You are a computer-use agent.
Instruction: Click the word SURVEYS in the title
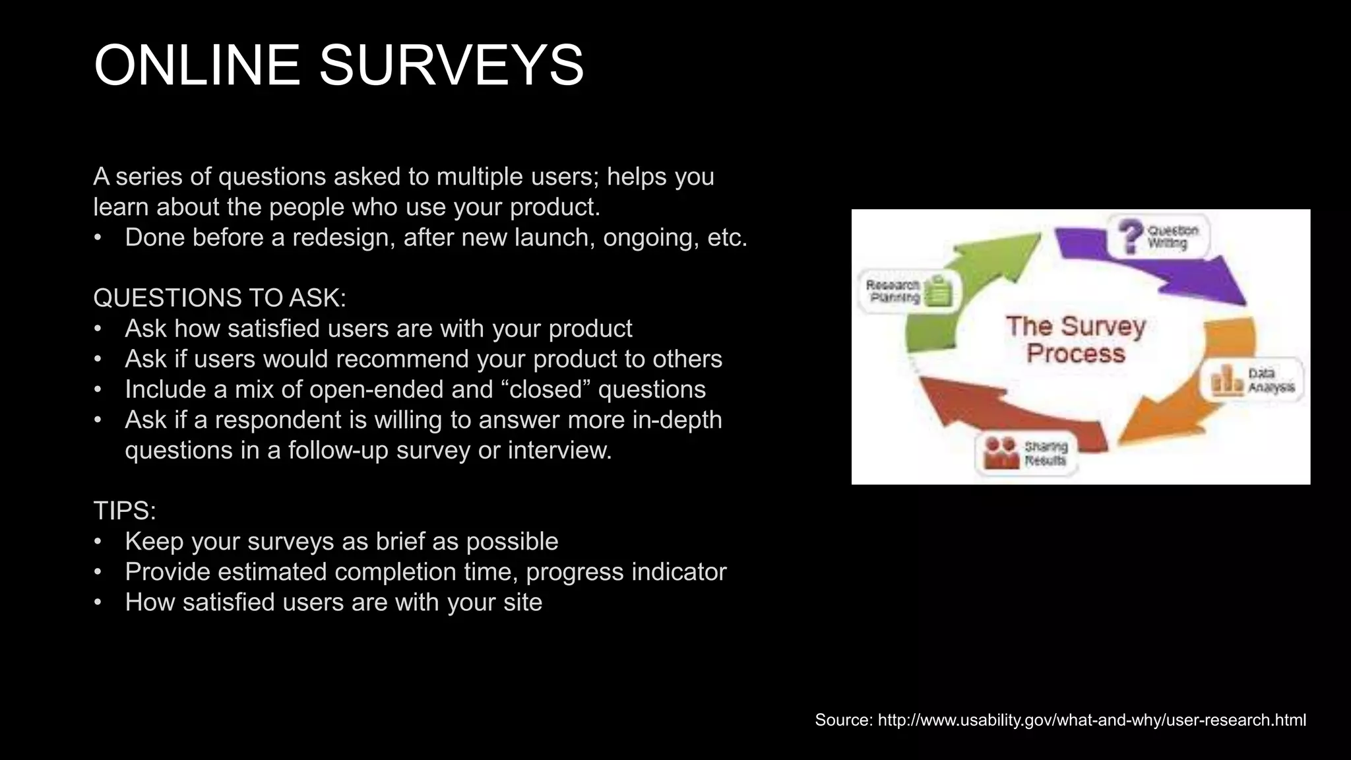(x=451, y=65)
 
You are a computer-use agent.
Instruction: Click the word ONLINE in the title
(x=197, y=65)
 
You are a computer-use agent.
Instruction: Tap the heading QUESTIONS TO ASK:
(x=220, y=298)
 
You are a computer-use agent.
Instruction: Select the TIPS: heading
(x=125, y=511)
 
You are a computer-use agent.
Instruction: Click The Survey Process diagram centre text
(x=1076, y=340)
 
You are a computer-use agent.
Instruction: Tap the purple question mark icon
(x=1130, y=235)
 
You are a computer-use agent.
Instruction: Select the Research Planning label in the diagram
(x=893, y=291)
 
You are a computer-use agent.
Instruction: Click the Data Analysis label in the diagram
(x=1271, y=381)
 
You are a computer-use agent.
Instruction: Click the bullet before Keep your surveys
(x=98, y=541)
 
